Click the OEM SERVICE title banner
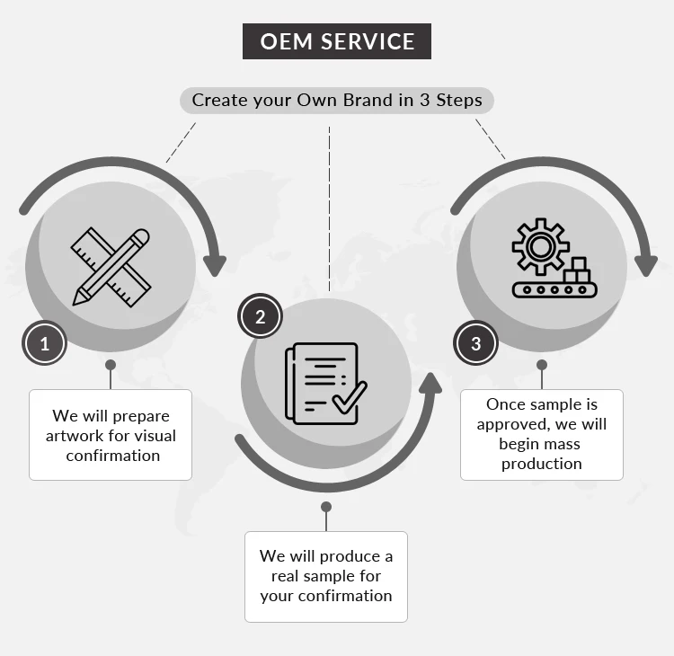pyautogui.click(x=337, y=41)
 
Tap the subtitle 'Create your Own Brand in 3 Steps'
pyautogui.click(x=337, y=100)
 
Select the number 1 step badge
pyautogui.click(x=45, y=342)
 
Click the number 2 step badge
pyautogui.click(x=261, y=316)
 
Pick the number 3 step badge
pyautogui.click(x=476, y=343)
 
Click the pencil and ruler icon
pyautogui.click(x=111, y=266)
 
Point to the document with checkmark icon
pyautogui.click(x=324, y=384)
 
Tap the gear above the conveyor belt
pyautogui.click(x=539, y=244)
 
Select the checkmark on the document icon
pyautogui.click(x=349, y=396)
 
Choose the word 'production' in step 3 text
pyautogui.click(x=542, y=464)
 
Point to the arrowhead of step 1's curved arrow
pyautogui.click(x=214, y=265)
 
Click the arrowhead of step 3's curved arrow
pyautogui.click(x=646, y=265)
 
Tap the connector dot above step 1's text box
pyautogui.click(x=111, y=365)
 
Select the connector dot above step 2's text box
pyautogui.click(x=326, y=507)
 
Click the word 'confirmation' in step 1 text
pyautogui.click(x=113, y=456)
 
